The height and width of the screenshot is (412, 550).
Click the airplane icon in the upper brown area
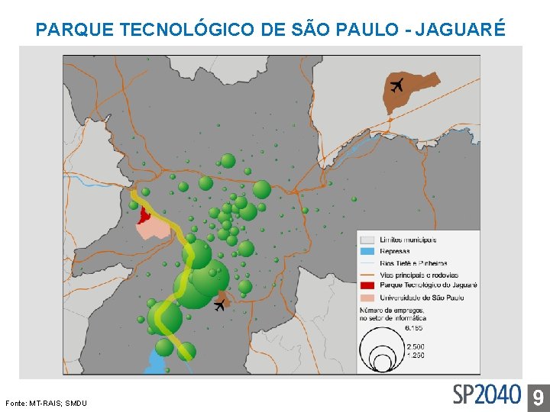[396, 85]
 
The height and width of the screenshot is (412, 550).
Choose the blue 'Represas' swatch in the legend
[368, 251]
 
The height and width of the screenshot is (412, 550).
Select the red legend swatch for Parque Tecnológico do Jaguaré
[368, 286]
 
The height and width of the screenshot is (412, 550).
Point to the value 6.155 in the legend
[413, 328]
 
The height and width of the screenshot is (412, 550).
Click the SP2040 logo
[487, 394]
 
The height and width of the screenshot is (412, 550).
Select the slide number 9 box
[538, 396]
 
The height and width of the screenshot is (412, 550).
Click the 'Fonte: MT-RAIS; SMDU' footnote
[46, 403]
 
